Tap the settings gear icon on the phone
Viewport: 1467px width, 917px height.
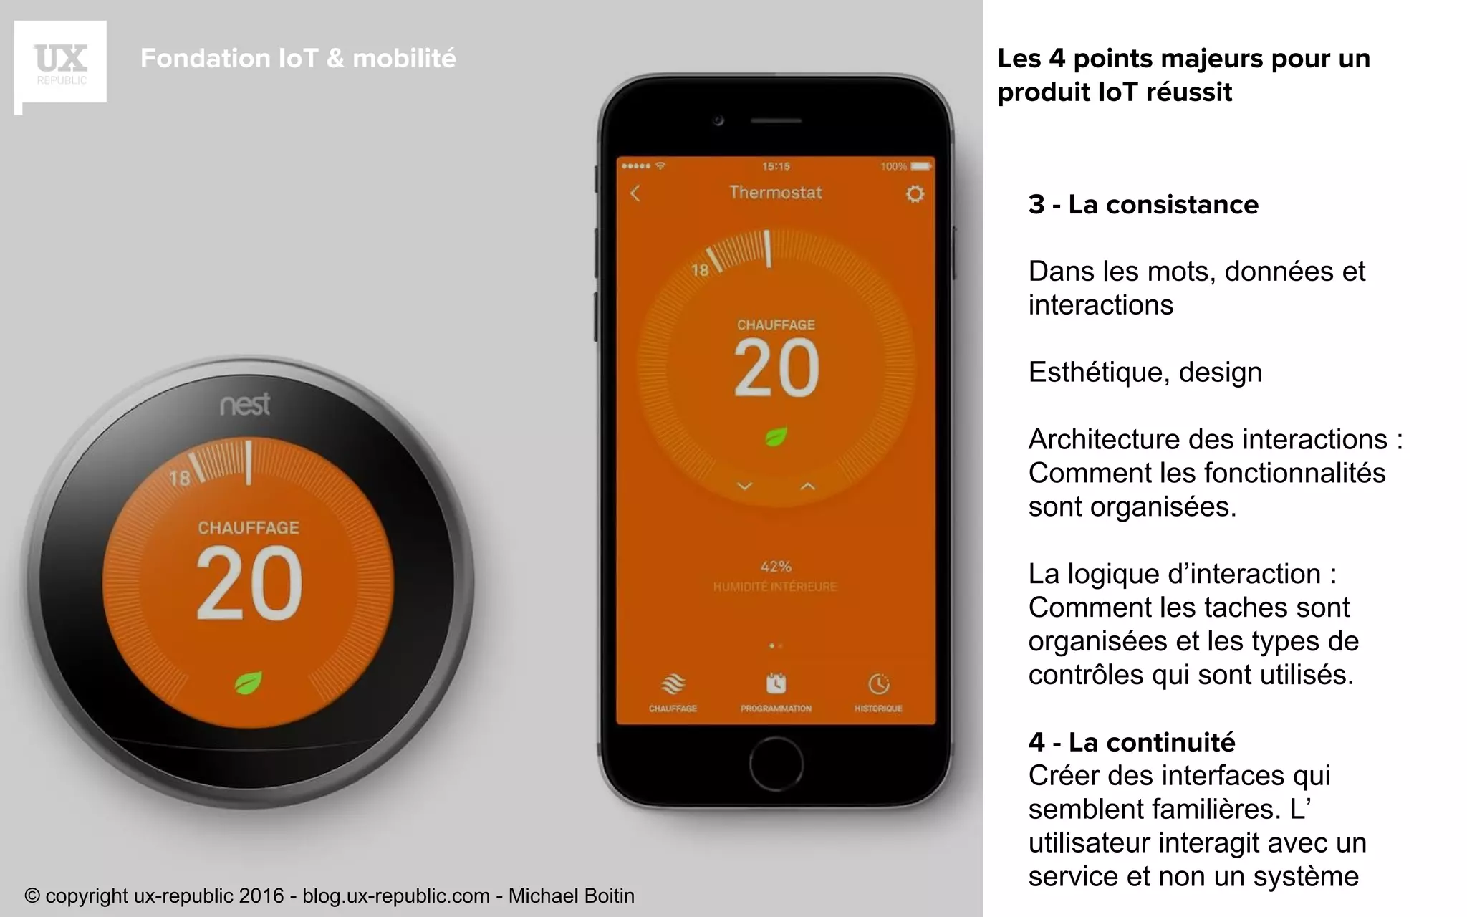tap(915, 194)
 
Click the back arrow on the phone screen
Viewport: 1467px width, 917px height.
tap(635, 193)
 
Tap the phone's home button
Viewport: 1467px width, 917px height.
tap(776, 764)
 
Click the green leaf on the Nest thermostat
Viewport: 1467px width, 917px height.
tap(248, 683)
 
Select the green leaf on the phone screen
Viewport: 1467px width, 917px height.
tap(776, 436)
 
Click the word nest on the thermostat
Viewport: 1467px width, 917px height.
tap(245, 405)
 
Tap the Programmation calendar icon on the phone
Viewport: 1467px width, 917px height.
tap(776, 684)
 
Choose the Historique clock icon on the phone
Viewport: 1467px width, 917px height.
tap(879, 684)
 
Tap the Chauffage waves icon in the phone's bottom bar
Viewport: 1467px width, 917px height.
tap(673, 684)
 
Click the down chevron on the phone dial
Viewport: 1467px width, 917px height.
tap(745, 486)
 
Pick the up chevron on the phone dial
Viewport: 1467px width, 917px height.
tap(808, 486)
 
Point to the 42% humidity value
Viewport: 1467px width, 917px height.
tap(776, 567)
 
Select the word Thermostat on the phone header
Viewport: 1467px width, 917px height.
tap(776, 193)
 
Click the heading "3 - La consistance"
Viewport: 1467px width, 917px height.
tap(1143, 205)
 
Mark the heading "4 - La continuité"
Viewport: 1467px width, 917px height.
tap(1132, 742)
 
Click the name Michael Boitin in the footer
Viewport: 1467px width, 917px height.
tap(571, 896)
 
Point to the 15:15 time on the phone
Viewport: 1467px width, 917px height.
tap(776, 166)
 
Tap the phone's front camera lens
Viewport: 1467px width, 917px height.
tap(718, 120)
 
